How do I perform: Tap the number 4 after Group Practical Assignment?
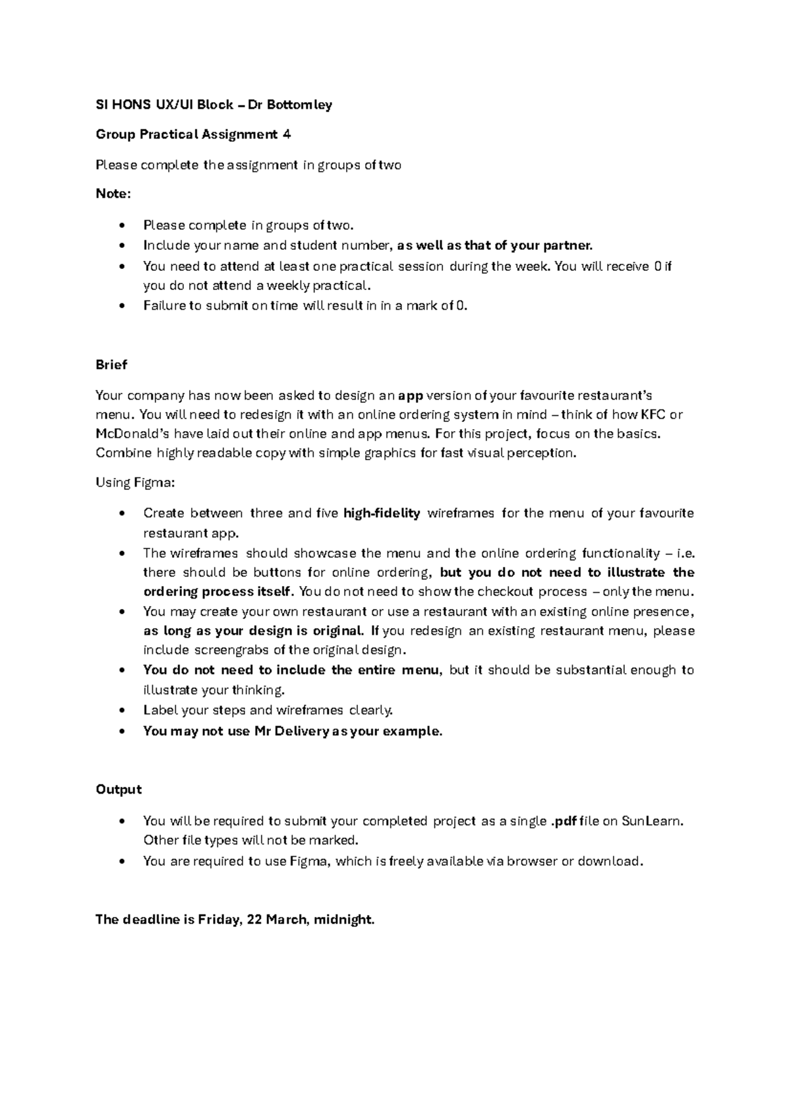click(287, 134)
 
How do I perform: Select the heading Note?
click(113, 194)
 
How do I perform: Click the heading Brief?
click(111, 365)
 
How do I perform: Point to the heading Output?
click(119, 789)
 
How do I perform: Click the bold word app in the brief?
click(411, 396)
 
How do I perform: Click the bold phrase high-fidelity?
click(382, 513)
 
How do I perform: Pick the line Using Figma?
click(135, 483)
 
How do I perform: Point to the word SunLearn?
click(653, 821)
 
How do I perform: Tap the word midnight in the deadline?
click(343, 919)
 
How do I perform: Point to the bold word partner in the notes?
click(568, 246)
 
